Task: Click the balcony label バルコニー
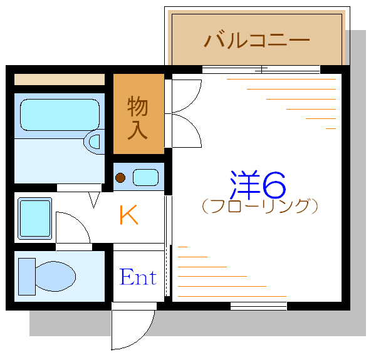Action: point(257,41)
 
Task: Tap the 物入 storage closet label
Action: point(138,117)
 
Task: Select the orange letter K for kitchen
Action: point(129,215)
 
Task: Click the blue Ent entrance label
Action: point(138,277)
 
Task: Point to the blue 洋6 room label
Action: point(258,183)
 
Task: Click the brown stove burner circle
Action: point(120,178)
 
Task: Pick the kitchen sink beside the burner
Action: point(146,177)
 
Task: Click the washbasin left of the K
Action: point(34,219)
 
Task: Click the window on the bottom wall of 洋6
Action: point(258,306)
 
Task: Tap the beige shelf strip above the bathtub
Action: point(60,80)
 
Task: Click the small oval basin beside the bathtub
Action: point(93,142)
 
